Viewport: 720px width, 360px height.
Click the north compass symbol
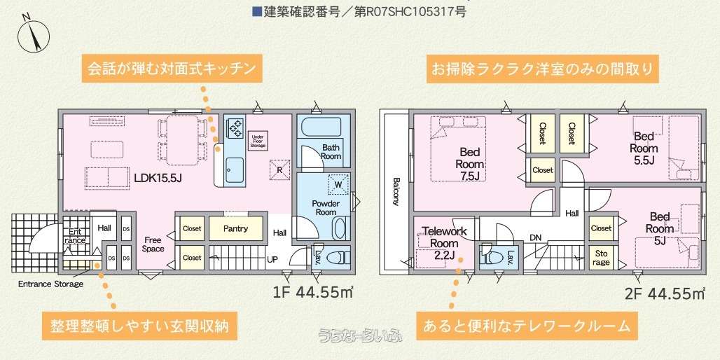[34, 35]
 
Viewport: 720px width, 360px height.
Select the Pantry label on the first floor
[236, 228]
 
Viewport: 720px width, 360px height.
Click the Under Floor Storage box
[258, 141]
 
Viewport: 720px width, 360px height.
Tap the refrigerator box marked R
[279, 168]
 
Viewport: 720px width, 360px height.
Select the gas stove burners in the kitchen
[235, 127]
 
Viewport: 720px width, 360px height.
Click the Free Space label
[153, 244]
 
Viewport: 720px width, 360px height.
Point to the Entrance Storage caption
[50, 284]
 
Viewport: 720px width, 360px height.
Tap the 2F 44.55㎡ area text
[665, 293]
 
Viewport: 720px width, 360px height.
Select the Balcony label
[396, 191]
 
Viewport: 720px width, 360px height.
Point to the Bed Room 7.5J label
[470, 164]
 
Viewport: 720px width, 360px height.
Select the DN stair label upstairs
[535, 237]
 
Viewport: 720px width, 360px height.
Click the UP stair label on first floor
[272, 259]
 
